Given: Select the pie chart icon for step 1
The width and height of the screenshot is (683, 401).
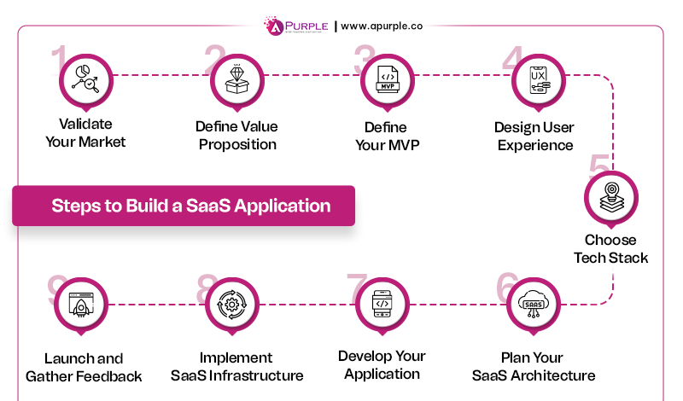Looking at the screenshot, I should pyautogui.click(x=85, y=81).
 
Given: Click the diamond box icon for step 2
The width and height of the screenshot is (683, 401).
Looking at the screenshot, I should pyautogui.click(x=236, y=81).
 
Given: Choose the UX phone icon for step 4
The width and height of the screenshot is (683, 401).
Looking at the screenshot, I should pyautogui.click(x=538, y=81).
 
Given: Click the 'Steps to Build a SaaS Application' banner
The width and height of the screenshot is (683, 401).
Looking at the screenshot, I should pyautogui.click(x=184, y=206).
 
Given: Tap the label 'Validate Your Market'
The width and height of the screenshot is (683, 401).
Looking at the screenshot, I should pyautogui.click(x=85, y=133).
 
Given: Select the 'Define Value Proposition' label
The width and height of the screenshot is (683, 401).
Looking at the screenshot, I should pyautogui.click(x=236, y=136).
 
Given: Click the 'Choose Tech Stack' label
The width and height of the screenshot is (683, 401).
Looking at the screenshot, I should pyautogui.click(x=610, y=249).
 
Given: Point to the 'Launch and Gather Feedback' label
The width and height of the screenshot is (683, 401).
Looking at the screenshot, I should pyautogui.click(x=84, y=368).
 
